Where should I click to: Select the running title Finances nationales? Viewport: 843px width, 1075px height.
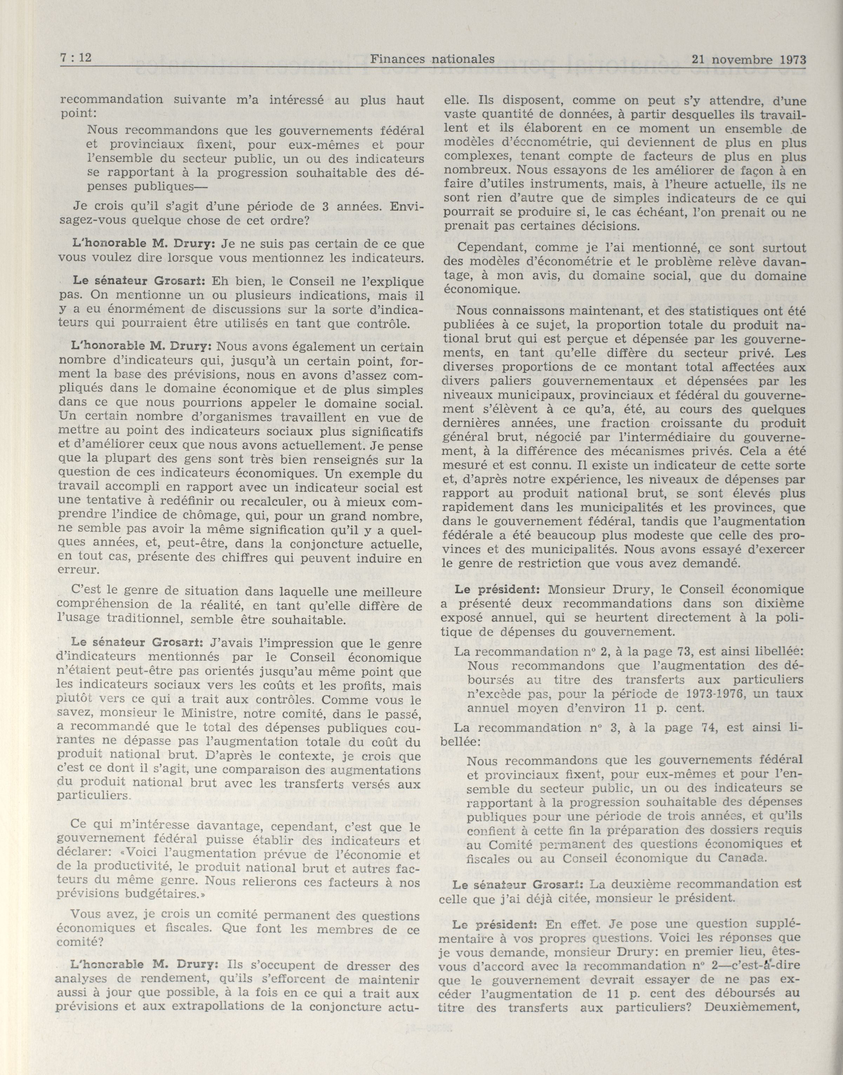(432, 59)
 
